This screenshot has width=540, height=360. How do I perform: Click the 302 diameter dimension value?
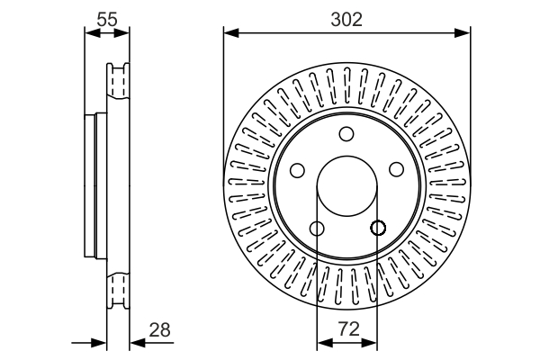coord(346,18)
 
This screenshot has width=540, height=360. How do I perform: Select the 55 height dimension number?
coord(107,18)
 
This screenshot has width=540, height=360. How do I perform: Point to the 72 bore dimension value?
coord(347,329)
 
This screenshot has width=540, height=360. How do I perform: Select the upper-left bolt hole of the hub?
coord(297,170)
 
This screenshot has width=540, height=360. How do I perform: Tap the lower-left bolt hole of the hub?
coord(316,229)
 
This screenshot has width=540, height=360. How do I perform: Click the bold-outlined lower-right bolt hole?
coord(378,229)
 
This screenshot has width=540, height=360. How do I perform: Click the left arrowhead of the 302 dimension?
coord(230,34)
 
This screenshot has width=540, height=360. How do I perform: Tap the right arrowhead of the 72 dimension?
coord(372,343)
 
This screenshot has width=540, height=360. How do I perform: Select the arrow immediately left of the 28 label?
coord(137,343)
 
